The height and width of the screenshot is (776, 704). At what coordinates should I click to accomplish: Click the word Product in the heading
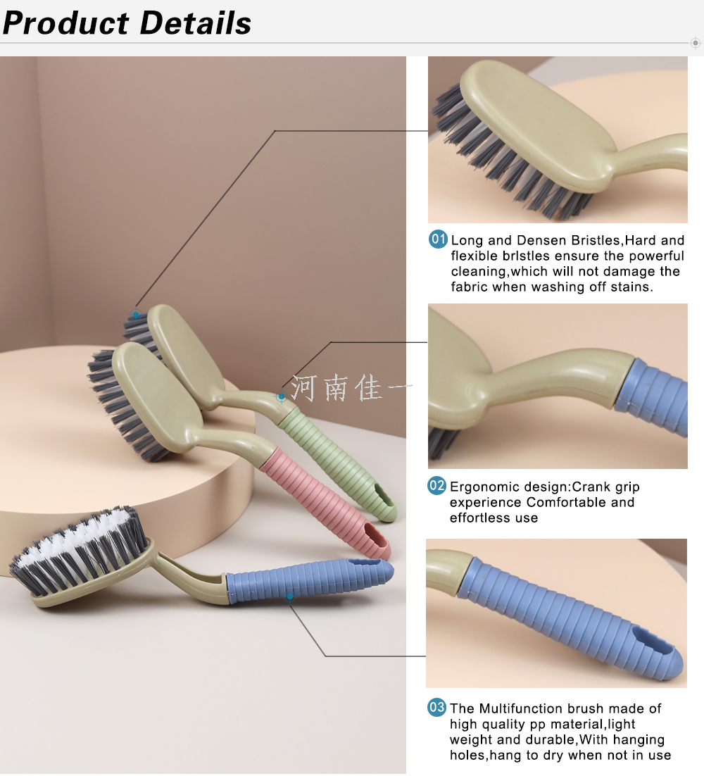(x=65, y=23)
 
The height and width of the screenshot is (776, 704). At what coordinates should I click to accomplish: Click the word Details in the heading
(x=196, y=23)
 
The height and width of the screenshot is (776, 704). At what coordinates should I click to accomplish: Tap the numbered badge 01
(x=438, y=239)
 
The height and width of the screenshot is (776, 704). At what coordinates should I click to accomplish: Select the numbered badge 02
(x=437, y=485)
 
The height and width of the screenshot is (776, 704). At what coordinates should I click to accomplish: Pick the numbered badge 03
(x=437, y=707)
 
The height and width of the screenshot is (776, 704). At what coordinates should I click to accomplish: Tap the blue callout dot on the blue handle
(x=290, y=597)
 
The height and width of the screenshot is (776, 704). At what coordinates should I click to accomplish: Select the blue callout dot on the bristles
(x=135, y=314)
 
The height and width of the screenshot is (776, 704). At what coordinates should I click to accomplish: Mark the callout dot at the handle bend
(x=282, y=396)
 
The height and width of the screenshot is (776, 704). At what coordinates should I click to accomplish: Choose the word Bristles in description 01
(x=596, y=241)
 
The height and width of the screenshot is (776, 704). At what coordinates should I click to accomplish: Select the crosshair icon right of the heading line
(x=696, y=43)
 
